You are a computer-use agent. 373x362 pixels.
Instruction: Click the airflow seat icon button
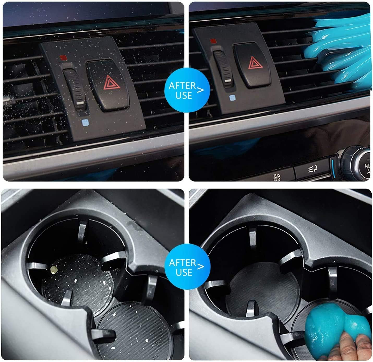pos(313,170)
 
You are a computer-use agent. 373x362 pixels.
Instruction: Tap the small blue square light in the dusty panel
pos(84,122)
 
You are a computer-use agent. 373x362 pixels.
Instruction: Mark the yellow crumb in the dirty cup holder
pos(54,268)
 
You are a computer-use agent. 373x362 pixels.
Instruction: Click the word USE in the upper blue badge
pos(184,96)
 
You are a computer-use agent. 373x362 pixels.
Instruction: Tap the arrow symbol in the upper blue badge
pos(200,90)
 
